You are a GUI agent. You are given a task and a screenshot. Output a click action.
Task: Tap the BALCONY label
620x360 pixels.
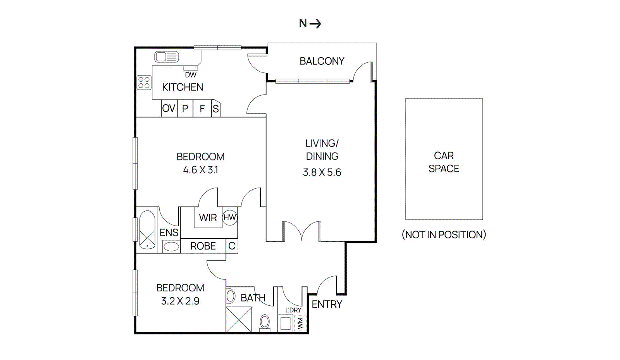(x=322, y=61)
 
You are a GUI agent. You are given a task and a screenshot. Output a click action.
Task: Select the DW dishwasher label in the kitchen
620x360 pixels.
(x=190, y=75)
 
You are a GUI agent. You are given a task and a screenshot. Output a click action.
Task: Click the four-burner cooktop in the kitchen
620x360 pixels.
(x=144, y=83)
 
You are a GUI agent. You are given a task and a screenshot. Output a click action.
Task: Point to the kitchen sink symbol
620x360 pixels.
(x=167, y=57)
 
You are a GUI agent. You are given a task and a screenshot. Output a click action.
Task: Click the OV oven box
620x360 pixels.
(x=169, y=109)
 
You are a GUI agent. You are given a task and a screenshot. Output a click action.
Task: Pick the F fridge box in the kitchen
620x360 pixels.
(x=202, y=109)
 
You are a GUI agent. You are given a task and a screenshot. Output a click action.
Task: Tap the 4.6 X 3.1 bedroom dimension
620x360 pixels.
(x=200, y=170)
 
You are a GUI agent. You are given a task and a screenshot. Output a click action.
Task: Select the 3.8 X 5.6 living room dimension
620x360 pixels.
(x=322, y=172)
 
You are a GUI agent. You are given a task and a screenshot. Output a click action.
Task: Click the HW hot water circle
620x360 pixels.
(x=229, y=217)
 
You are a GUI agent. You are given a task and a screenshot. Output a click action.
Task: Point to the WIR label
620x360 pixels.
(x=208, y=218)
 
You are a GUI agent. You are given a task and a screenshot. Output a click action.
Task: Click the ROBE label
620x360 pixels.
(x=203, y=246)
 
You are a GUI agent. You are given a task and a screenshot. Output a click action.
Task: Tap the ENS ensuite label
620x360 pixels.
(x=169, y=233)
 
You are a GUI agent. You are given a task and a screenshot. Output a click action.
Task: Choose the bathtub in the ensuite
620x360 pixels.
(x=147, y=229)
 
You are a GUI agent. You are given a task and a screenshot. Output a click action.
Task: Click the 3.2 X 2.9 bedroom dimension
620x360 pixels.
(x=180, y=301)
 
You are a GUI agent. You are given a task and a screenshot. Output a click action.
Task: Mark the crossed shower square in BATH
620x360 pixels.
(x=239, y=319)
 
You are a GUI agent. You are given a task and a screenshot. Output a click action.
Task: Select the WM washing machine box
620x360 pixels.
(x=300, y=323)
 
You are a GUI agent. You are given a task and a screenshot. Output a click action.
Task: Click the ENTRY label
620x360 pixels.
(x=327, y=304)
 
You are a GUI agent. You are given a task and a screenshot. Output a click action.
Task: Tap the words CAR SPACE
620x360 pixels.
(x=444, y=162)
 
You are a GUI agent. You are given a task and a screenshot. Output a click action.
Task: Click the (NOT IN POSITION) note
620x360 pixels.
(x=444, y=234)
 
